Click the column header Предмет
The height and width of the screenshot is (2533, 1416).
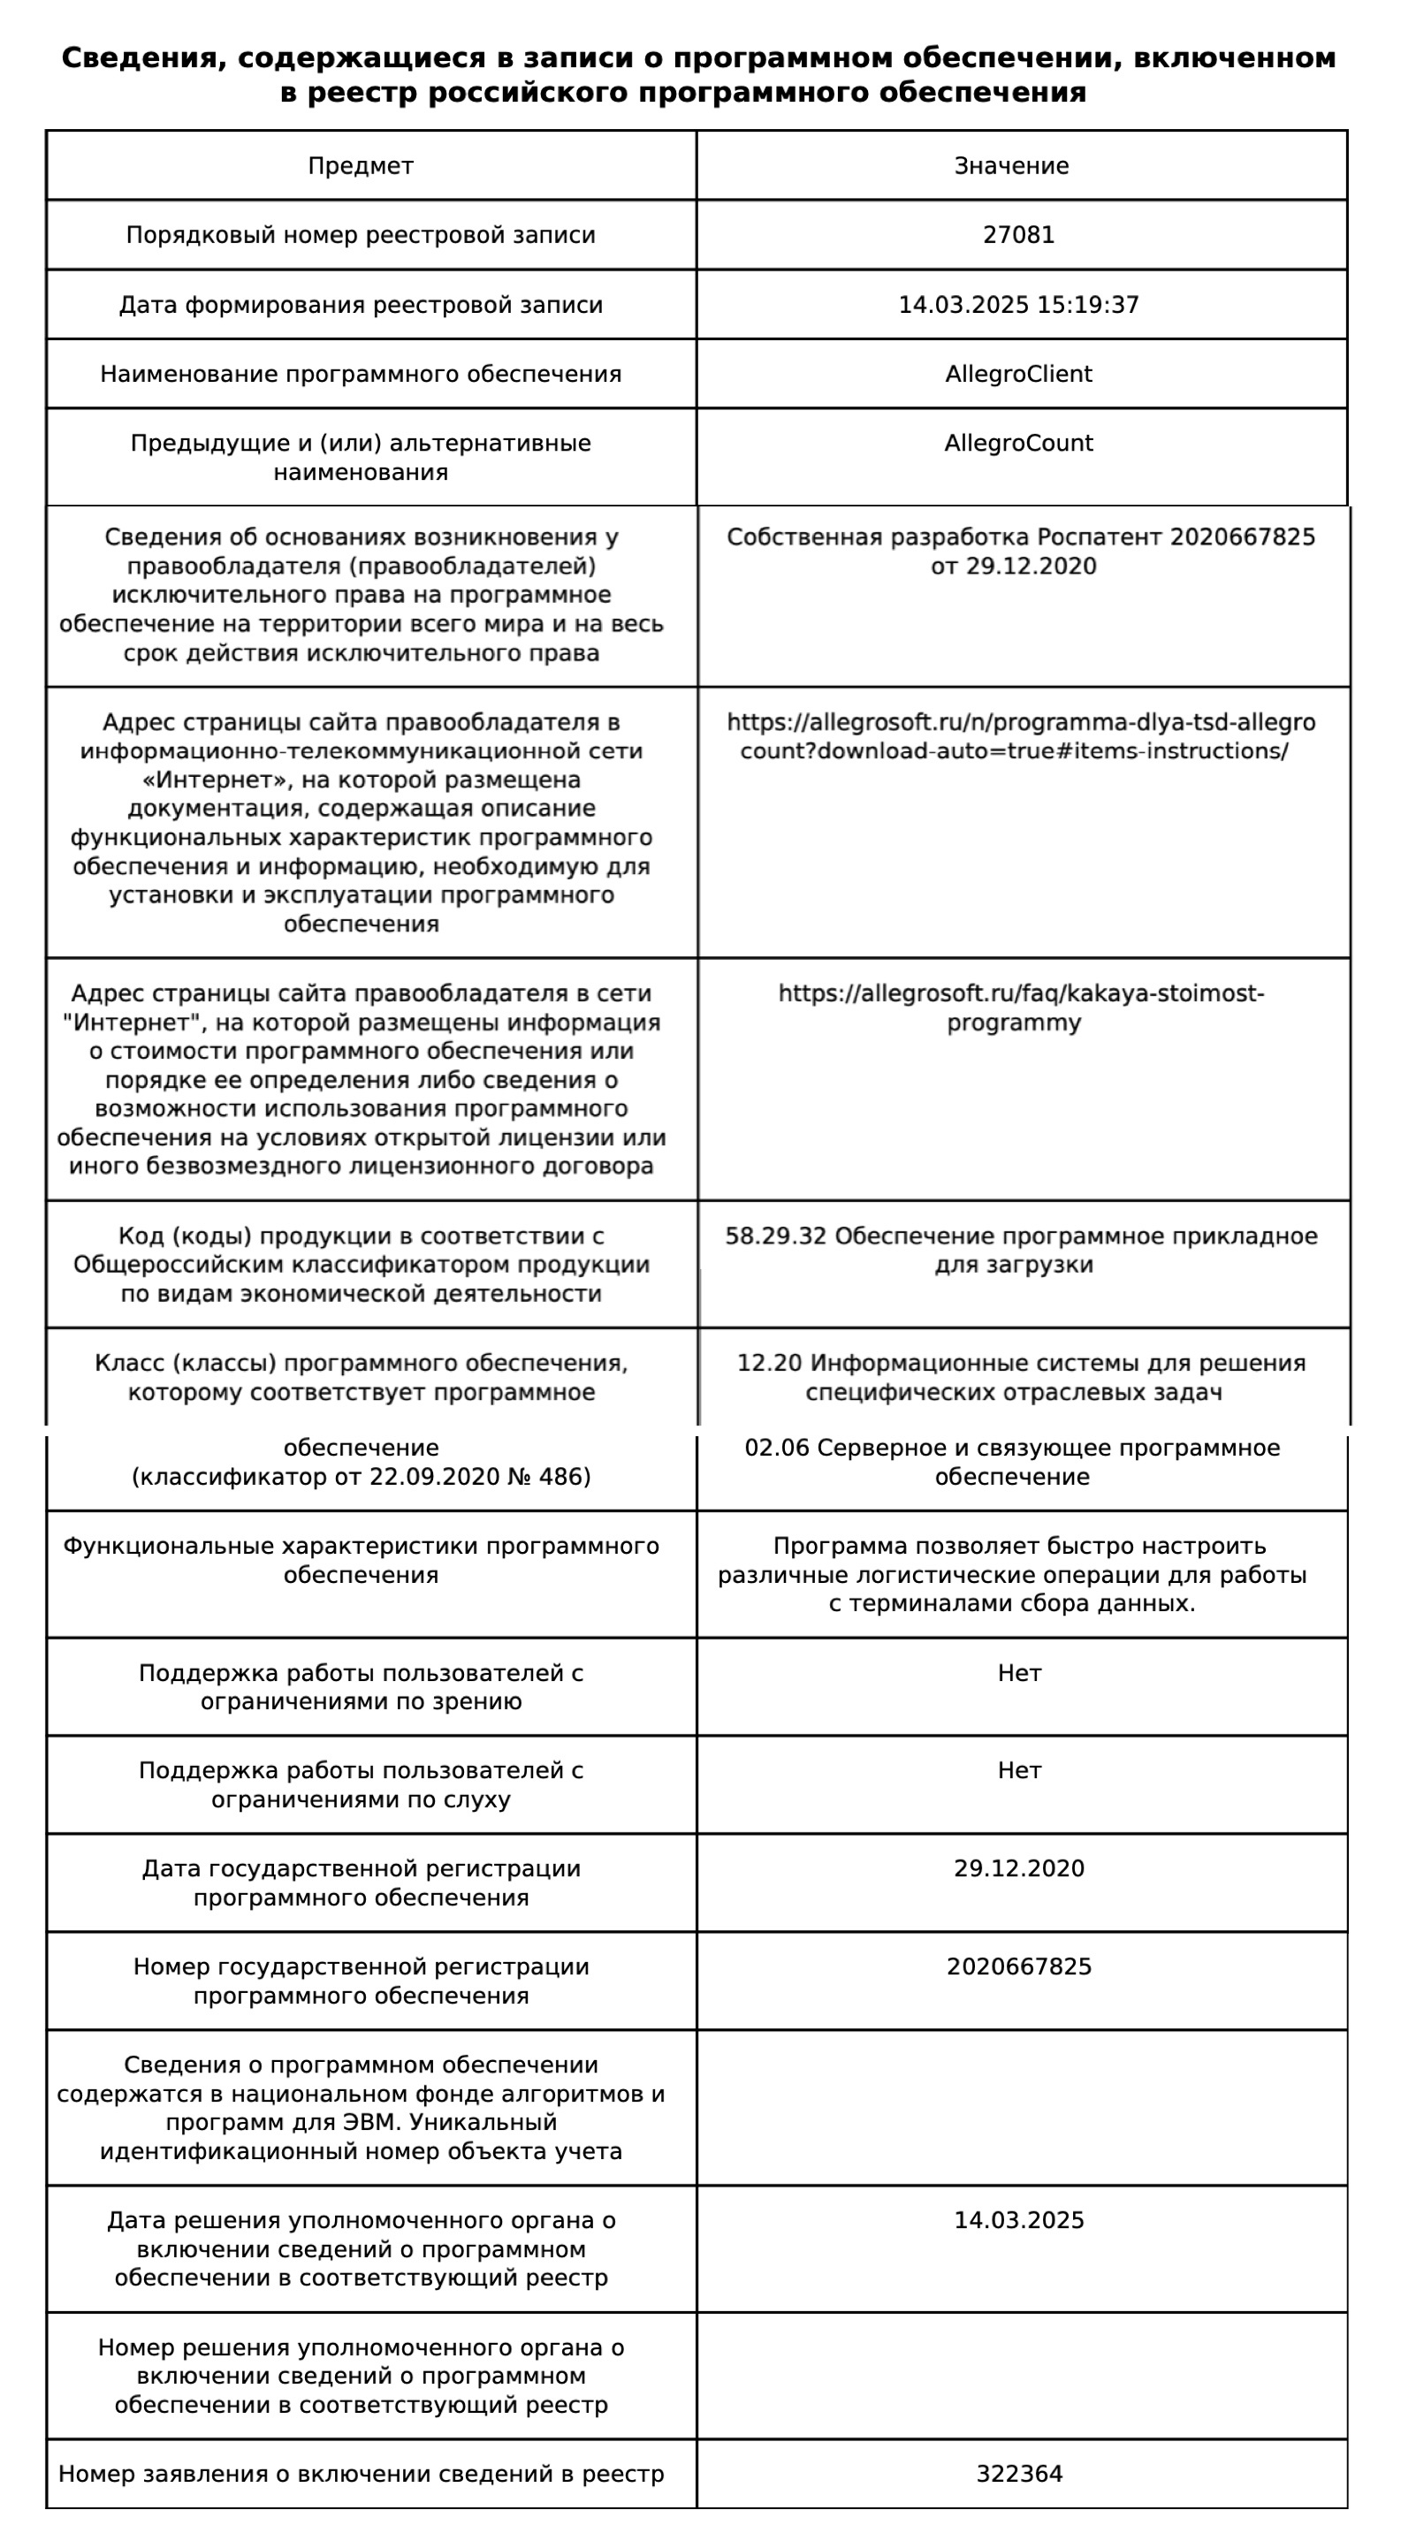click(x=360, y=166)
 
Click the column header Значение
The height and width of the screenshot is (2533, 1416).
click(x=1011, y=166)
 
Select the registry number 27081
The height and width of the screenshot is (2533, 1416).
click(x=1019, y=235)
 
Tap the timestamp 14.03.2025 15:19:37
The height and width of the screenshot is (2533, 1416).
click(x=1019, y=305)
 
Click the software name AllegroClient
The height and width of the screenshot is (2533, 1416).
click(x=1019, y=375)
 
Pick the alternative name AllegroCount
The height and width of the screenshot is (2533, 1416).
click(x=1019, y=444)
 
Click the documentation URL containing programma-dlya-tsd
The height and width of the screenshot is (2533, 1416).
click(x=1021, y=736)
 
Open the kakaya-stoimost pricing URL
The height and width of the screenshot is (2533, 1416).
click(x=1021, y=1008)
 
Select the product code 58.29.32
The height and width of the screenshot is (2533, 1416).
click(x=775, y=1236)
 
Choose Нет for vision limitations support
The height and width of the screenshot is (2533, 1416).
click(x=1019, y=1674)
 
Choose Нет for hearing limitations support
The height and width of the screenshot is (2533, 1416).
click(x=1019, y=1771)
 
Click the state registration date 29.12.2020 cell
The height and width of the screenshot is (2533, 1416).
click(x=1019, y=1869)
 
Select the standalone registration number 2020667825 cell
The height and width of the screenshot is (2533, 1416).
click(x=1019, y=1967)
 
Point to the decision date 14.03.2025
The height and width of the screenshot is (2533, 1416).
click(x=1019, y=2220)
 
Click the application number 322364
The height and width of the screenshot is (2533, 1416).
click(x=1019, y=2474)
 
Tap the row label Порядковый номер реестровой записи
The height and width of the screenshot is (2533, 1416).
click(x=360, y=235)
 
